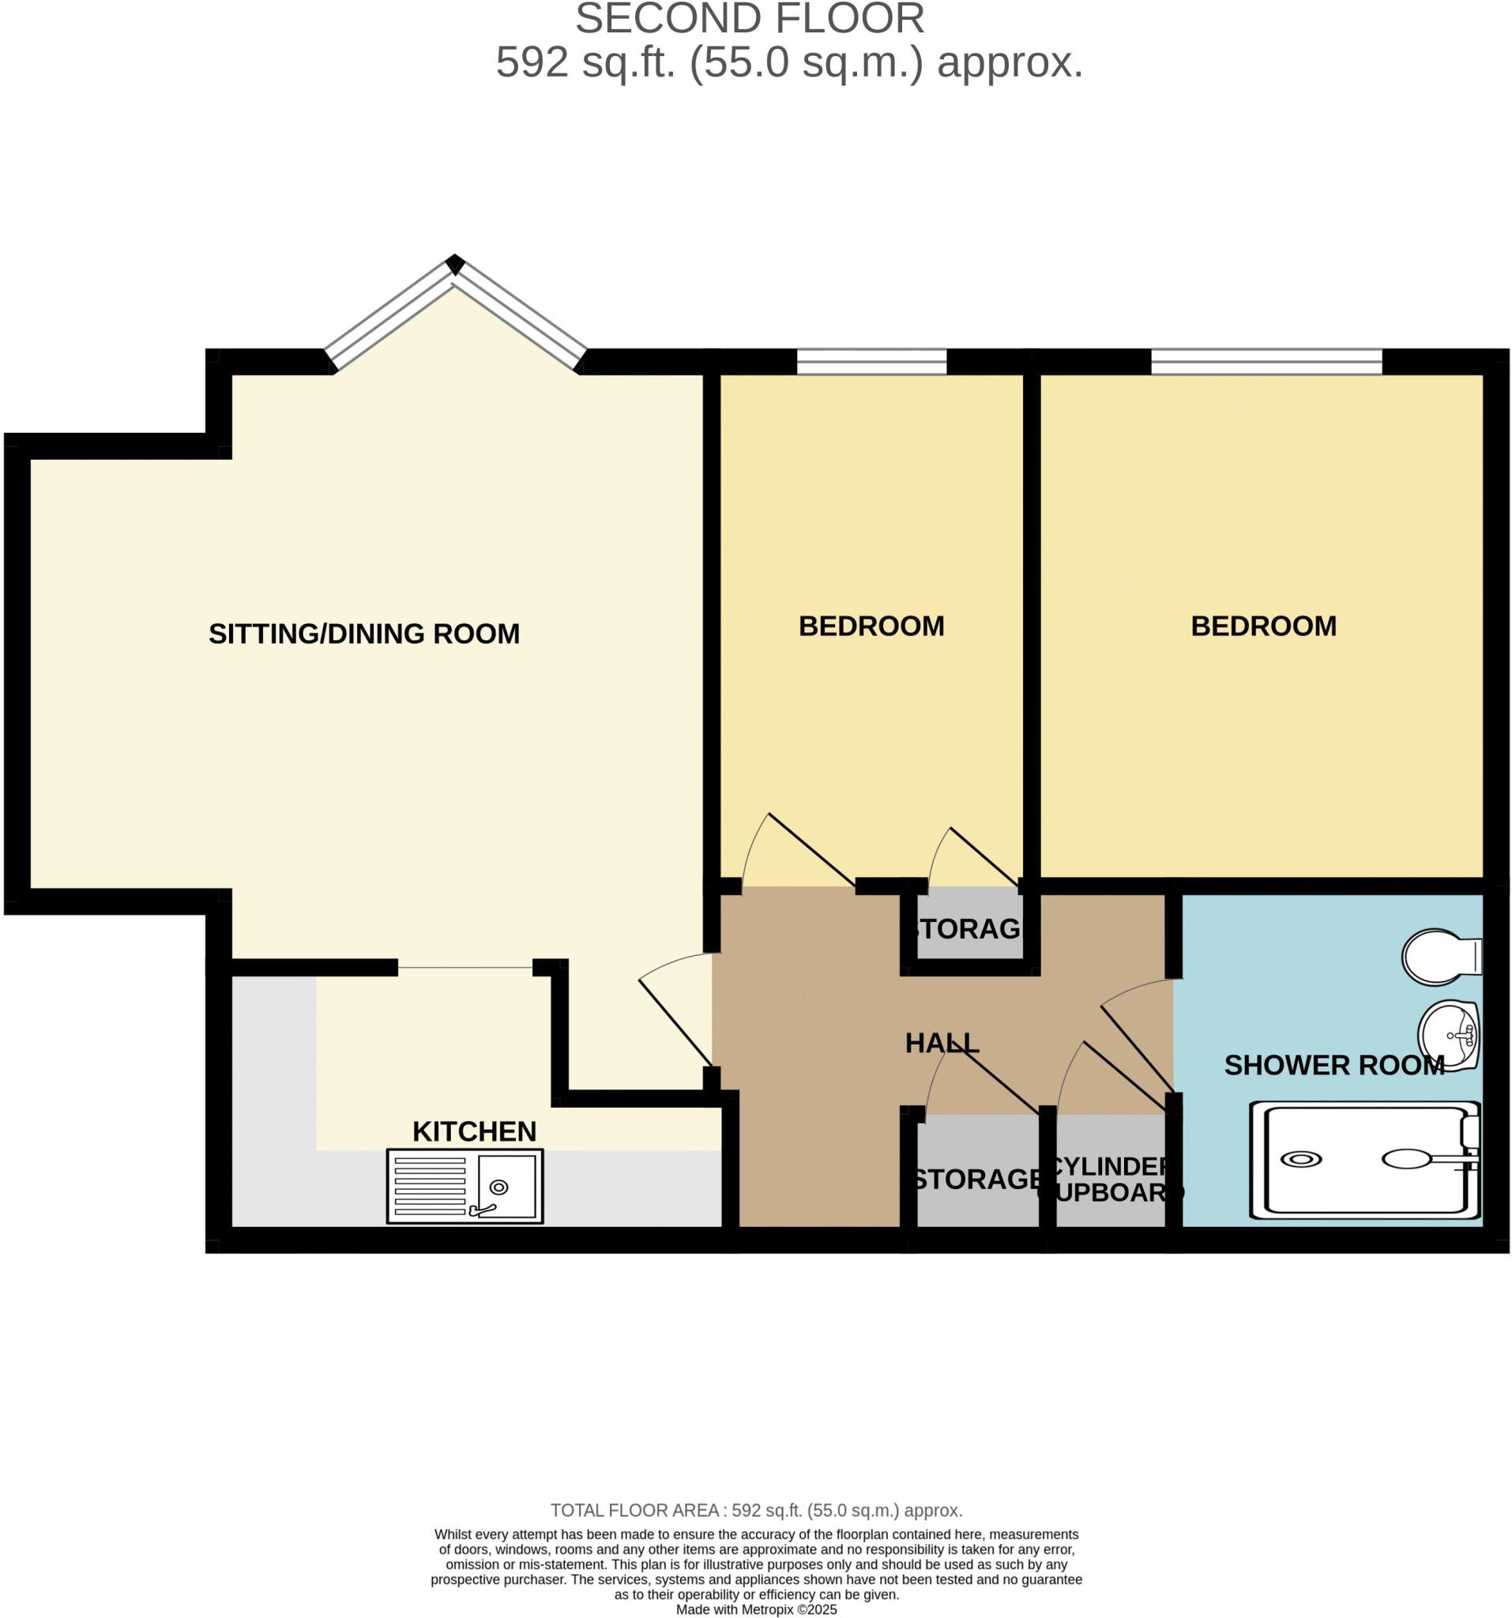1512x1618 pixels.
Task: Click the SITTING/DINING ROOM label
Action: [363, 633]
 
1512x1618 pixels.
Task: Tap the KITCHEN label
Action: [474, 1131]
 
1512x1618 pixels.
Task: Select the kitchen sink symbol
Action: [465, 1186]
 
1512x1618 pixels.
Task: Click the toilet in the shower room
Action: [1440, 956]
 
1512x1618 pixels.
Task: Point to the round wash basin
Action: [1448, 1035]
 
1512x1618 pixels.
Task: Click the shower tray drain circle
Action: [1301, 1159]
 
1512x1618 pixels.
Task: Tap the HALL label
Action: [942, 1043]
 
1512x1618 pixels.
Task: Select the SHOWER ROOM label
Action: [1333, 1066]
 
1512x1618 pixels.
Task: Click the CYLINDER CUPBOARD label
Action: [1110, 1180]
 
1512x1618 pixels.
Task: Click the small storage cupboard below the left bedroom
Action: [968, 928]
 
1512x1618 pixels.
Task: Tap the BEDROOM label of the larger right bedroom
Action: [1263, 626]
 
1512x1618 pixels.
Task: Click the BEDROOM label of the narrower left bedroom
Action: [871, 626]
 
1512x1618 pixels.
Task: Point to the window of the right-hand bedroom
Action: [1266, 360]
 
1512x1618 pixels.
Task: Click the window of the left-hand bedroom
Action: [871, 360]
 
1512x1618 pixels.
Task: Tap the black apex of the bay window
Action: [455, 264]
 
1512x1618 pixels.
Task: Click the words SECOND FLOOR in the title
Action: [750, 20]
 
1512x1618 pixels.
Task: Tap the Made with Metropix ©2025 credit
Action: [756, 1609]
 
